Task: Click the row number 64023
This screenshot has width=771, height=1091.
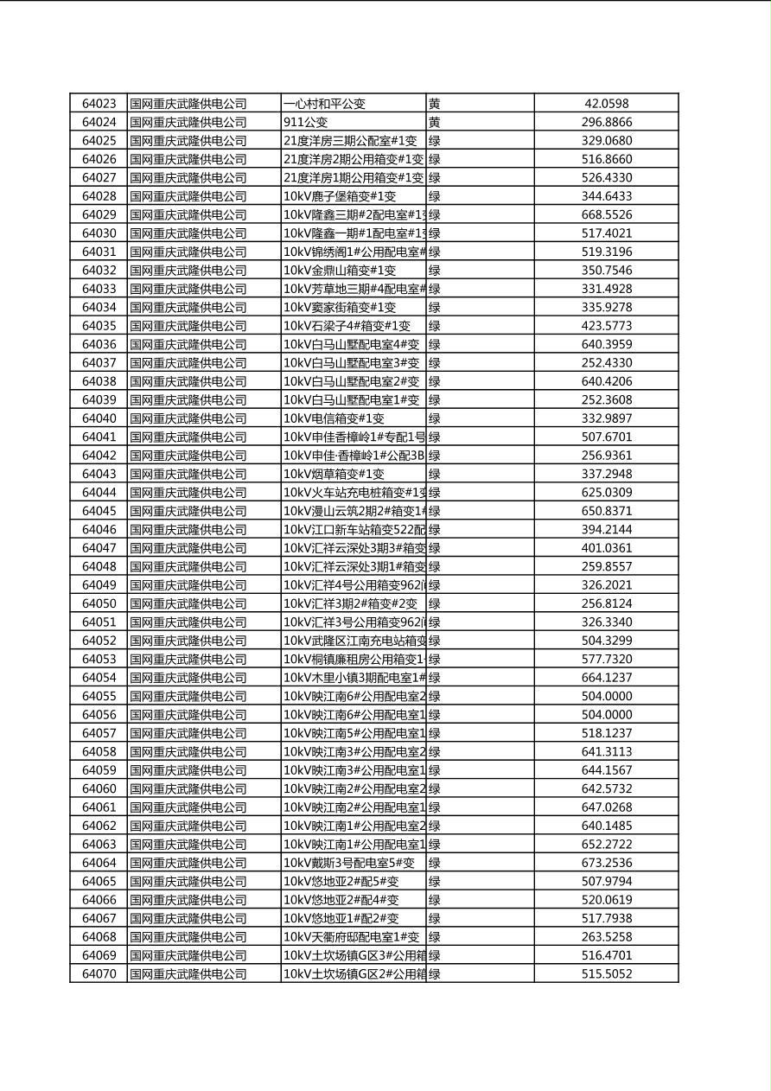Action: point(99,104)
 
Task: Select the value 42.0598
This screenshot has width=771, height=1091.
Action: point(606,104)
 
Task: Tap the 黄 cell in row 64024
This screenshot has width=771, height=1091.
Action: point(435,123)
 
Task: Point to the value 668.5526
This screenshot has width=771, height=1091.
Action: point(606,214)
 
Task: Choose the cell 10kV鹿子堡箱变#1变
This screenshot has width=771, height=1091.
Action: point(340,196)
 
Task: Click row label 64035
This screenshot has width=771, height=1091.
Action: point(99,326)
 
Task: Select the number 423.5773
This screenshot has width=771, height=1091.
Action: point(606,326)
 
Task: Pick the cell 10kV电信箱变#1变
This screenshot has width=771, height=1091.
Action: point(334,418)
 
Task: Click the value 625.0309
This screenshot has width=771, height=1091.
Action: point(606,493)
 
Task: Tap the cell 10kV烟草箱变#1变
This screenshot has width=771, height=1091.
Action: point(334,474)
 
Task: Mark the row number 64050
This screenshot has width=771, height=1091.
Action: point(99,603)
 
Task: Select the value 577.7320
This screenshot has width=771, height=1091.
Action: point(606,659)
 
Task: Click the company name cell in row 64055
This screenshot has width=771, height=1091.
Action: point(188,696)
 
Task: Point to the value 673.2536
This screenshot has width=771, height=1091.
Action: point(606,863)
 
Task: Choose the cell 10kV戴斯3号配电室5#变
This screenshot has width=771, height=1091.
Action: point(349,863)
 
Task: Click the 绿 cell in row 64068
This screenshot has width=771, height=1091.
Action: point(435,937)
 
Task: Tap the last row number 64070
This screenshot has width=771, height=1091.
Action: point(99,974)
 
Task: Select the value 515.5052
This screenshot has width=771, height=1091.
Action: point(606,974)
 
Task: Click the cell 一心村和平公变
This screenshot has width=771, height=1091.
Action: point(325,104)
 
